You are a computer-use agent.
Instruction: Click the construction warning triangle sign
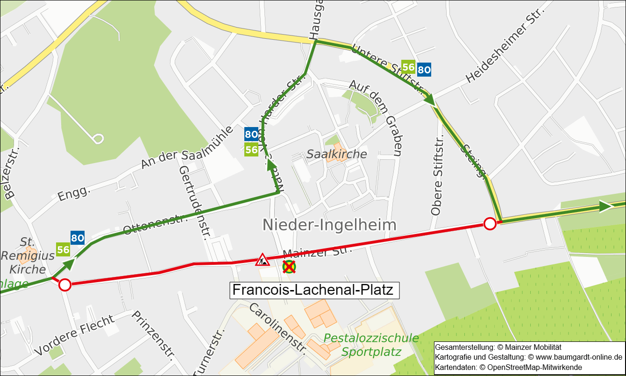coord(262,260)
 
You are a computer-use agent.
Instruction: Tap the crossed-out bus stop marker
coord(289,267)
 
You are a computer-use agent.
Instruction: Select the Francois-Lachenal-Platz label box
coord(315,290)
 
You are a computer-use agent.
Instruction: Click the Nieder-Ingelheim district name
coord(329,225)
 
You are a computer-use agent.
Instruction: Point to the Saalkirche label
coord(336,154)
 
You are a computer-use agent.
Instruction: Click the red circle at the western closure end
coord(64,284)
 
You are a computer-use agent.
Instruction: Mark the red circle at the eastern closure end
coord(490,224)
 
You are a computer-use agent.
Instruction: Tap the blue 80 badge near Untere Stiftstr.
coord(424,70)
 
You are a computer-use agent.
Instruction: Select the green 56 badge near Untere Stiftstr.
coord(408,67)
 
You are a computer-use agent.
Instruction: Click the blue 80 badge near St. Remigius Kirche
coord(78,238)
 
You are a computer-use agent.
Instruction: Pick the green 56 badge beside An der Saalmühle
coord(251,150)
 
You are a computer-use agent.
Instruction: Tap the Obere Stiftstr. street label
coord(436,177)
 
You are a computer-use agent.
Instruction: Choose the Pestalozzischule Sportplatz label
coord(371,345)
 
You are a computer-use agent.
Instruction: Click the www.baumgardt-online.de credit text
coord(576,357)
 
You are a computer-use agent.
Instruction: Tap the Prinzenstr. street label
coord(153,336)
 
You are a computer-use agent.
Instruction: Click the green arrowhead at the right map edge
coord(606,206)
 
